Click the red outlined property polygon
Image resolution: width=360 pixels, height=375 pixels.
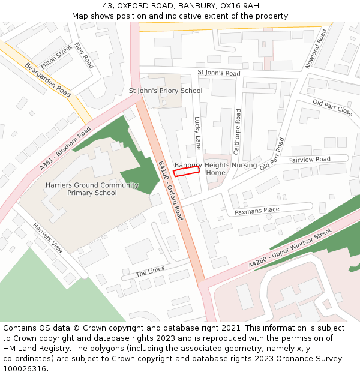coord(187,172)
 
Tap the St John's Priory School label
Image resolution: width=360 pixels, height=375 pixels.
coord(166,91)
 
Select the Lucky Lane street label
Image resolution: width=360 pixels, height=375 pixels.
coord(197,133)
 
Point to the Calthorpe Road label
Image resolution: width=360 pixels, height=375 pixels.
coord(238,131)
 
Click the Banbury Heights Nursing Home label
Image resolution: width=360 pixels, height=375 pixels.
coord(216,169)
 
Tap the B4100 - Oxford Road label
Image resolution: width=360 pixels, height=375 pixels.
coord(170,190)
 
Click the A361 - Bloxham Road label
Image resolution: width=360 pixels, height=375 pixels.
coord(65,148)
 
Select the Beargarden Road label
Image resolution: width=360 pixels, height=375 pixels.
coord(48,79)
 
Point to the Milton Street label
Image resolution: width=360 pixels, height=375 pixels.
coord(56,56)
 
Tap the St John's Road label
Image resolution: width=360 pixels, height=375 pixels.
coord(219,73)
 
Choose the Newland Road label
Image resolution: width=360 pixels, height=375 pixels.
coord(316,48)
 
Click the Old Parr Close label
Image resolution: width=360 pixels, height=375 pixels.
coord(332,107)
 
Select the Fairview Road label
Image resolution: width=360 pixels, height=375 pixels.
coord(310,160)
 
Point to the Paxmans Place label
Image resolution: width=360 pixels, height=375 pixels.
coord(257,211)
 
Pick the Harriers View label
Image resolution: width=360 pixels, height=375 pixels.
coord(48,238)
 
